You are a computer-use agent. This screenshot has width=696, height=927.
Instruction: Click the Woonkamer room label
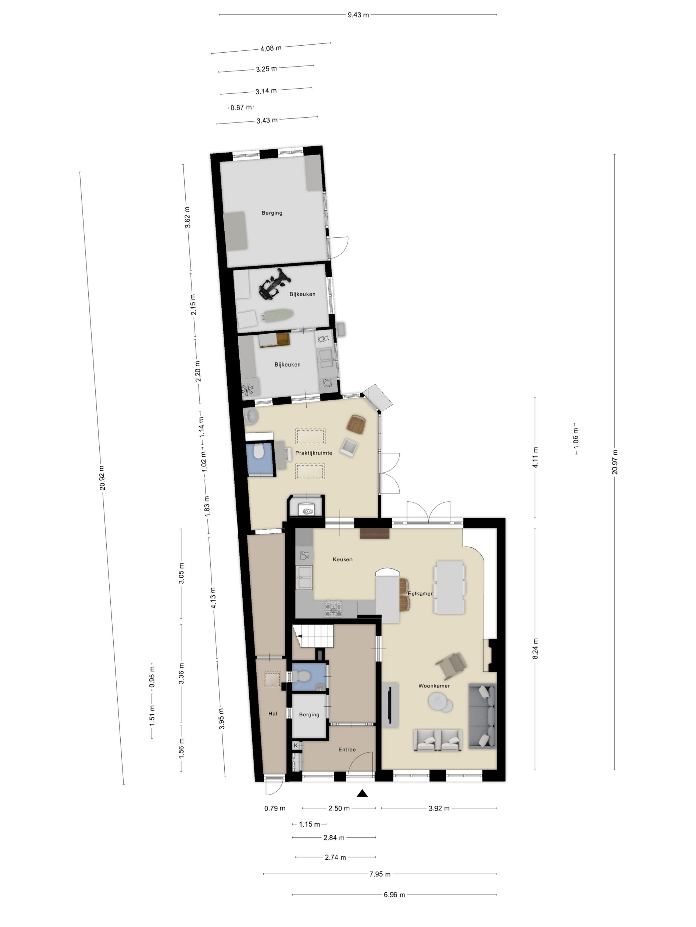tap(434, 686)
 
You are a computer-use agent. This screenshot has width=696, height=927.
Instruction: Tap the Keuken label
tap(342, 559)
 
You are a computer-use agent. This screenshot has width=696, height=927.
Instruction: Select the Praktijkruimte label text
tap(314, 453)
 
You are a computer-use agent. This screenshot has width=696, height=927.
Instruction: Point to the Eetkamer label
tap(420, 593)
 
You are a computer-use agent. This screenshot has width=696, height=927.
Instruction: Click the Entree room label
tap(347, 749)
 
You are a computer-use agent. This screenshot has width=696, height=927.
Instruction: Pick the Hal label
tap(273, 713)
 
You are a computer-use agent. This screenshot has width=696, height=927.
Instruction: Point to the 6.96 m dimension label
tap(394, 894)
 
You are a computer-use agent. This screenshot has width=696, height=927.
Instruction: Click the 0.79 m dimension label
tap(275, 808)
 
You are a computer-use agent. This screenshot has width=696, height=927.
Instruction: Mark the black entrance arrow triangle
tap(363, 793)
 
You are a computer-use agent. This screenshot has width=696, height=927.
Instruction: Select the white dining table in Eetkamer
tap(450, 588)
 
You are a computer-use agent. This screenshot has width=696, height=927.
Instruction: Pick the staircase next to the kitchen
tap(313, 636)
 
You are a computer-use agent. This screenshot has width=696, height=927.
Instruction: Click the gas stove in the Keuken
tap(333, 609)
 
